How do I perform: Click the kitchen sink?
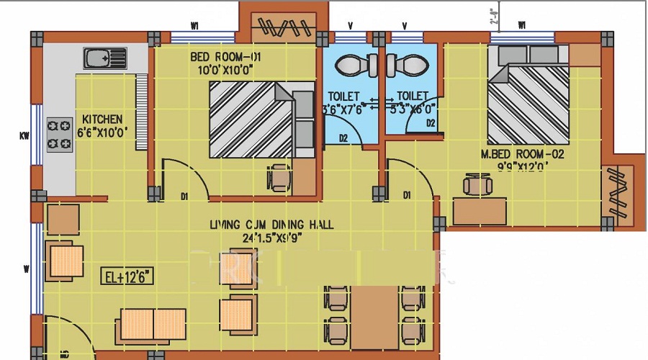point(105,57)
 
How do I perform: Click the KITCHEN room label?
point(102,119)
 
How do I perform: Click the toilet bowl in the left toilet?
point(353,66)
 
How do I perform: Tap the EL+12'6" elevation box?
point(127,276)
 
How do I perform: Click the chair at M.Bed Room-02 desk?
point(476,186)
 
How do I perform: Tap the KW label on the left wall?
point(24,135)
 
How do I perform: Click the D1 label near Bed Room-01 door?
point(184,195)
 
